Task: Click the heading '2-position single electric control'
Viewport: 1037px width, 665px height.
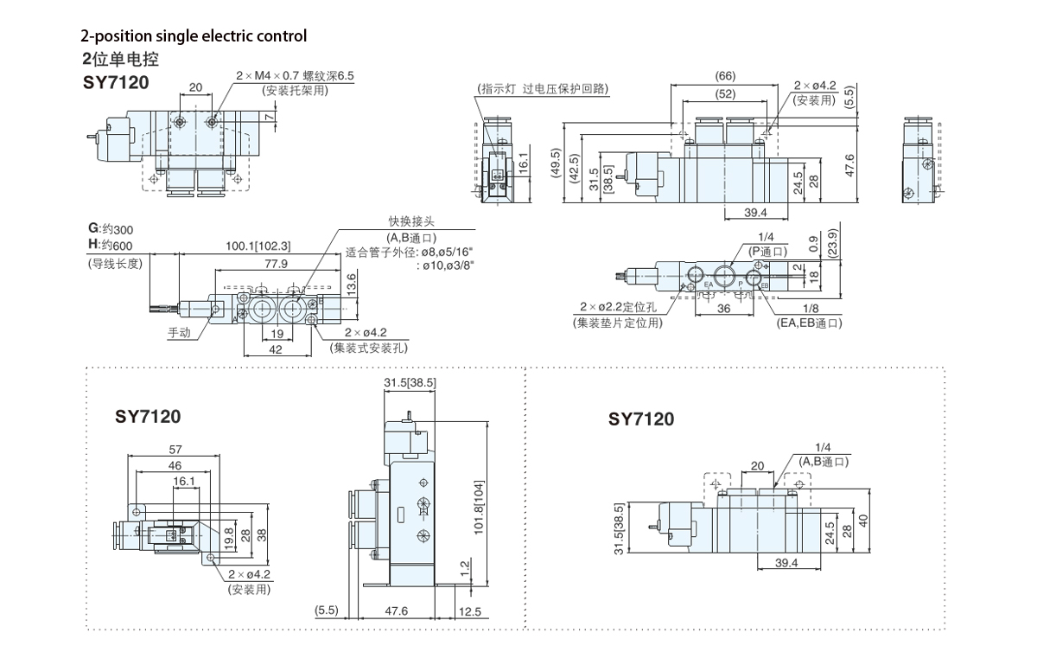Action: click(194, 36)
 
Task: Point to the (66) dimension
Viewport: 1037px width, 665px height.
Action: click(725, 76)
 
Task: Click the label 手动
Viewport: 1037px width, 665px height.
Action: click(180, 333)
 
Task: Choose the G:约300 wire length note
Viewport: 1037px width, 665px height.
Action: click(110, 229)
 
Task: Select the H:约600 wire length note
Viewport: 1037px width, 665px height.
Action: click(110, 246)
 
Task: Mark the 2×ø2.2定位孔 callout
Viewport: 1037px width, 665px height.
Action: click(620, 308)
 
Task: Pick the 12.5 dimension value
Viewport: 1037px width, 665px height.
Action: click(471, 611)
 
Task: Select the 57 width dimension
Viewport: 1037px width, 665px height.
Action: click(175, 450)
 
